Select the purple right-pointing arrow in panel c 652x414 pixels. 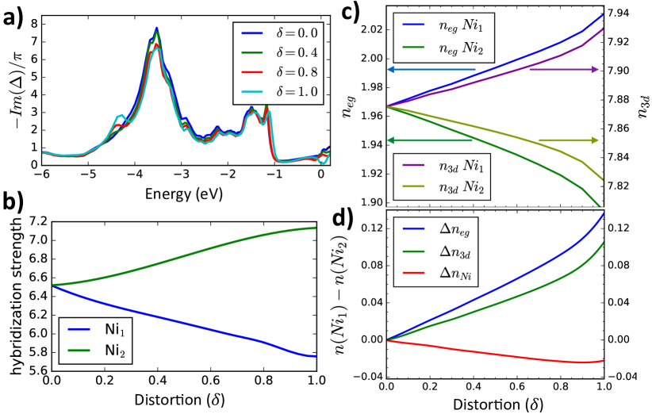pyautogui.click(x=563, y=70)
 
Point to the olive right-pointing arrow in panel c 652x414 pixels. pyautogui.click(x=568, y=140)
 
